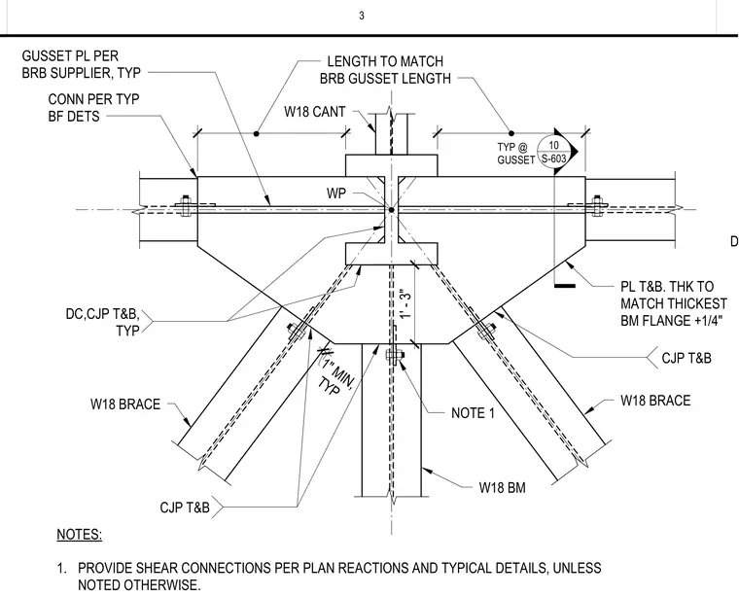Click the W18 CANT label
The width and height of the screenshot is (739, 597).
coord(315,112)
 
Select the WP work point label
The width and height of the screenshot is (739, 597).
coord(336,193)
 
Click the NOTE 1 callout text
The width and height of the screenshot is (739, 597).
coord(473,413)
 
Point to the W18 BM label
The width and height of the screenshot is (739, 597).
coord(502,488)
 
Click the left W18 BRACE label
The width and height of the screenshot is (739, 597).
coord(125,404)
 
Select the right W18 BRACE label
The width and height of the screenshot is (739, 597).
coord(655,401)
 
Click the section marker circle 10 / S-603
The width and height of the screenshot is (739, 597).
coord(554,152)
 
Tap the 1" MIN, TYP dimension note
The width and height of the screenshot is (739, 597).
coord(335,378)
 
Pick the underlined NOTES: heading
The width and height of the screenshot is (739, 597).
coord(79,535)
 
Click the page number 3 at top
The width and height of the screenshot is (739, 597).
coord(362,16)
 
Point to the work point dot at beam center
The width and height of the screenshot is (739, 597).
coord(391,210)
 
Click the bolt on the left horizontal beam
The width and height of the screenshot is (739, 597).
coord(185,205)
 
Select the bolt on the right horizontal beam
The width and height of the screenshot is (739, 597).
coord(598,205)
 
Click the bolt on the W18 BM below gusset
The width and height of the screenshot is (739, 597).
coord(394,355)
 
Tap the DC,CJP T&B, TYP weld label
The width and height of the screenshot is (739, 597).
coord(103,322)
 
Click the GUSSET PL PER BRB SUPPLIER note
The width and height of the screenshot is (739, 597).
coord(82,64)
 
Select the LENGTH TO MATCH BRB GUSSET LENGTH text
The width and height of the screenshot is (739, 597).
coord(385,70)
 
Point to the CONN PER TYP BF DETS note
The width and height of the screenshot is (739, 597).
coord(93,108)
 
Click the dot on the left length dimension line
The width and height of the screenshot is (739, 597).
coord(257,134)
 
